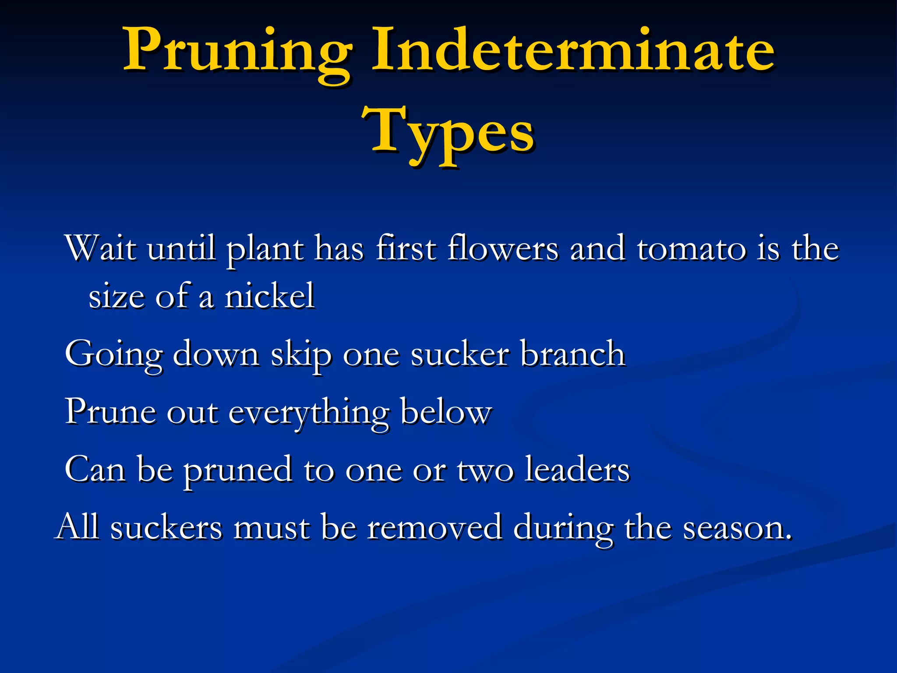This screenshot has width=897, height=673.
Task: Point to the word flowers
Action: (x=503, y=248)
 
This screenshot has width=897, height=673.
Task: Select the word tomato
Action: (x=691, y=248)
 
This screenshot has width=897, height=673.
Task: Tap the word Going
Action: (x=113, y=354)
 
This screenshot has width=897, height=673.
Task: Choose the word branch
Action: (x=573, y=354)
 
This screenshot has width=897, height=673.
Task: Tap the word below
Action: (x=446, y=412)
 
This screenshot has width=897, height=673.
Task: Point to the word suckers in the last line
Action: (x=166, y=527)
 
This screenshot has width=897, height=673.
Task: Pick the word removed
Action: (x=434, y=527)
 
